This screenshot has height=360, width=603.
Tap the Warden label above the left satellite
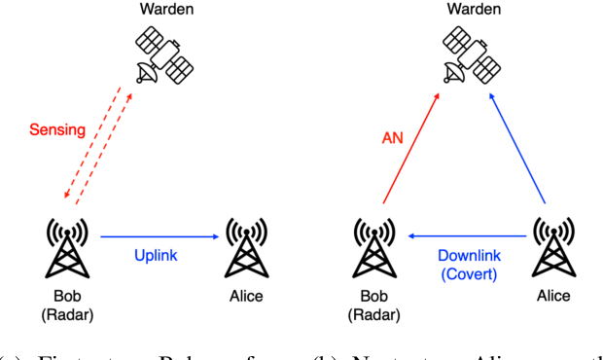(x=163, y=10)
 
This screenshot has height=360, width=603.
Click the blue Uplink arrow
(x=159, y=235)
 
